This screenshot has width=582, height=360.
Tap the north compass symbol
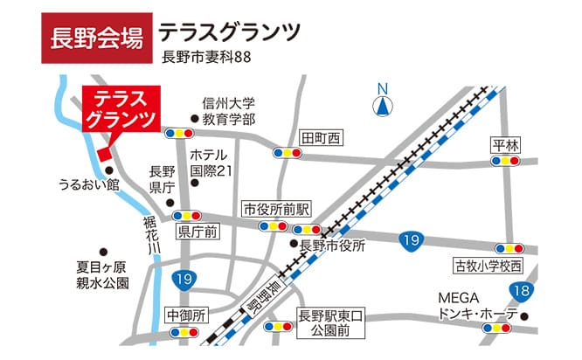coord(382,103)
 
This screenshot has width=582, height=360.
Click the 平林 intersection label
coord(505,145)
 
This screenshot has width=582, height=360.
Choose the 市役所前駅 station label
coord(278,210)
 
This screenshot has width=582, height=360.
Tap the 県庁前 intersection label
coord(197,232)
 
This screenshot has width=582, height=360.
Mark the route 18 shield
coord(522,291)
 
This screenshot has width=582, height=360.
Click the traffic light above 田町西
coord(288,153)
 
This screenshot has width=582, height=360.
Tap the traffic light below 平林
coord(505,161)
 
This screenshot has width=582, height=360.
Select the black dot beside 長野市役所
coord(295,246)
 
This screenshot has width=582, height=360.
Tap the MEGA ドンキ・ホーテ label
coord(478,306)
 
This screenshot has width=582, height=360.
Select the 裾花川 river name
coord(151,235)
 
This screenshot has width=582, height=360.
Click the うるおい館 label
coord(88,185)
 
